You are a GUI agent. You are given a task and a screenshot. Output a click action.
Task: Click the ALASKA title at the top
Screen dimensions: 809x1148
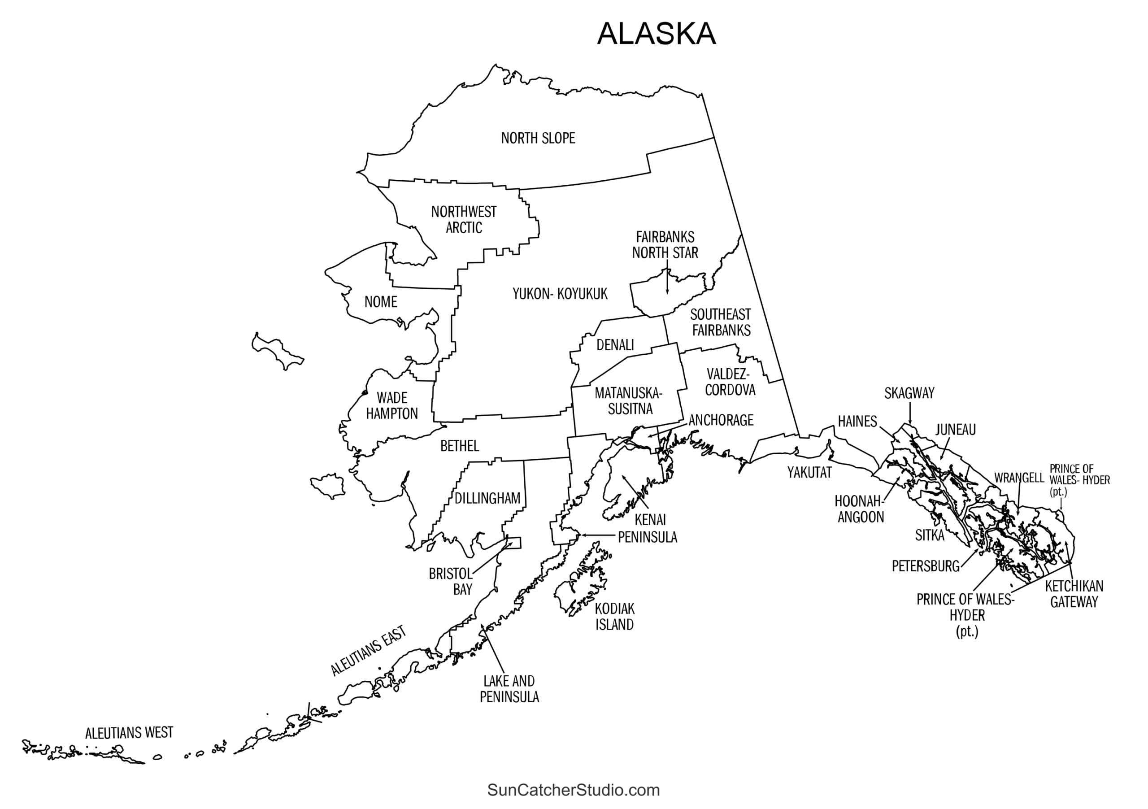tap(656, 34)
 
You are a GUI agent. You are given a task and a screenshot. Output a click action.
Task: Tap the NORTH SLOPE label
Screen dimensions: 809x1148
tap(538, 138)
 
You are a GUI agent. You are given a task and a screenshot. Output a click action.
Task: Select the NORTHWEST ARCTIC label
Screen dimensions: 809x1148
tap(464, 219)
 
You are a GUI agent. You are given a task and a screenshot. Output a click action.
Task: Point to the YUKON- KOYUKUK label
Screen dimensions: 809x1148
tap(560, 294)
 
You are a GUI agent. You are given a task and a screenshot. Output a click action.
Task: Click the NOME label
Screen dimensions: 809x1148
tap(381, 302)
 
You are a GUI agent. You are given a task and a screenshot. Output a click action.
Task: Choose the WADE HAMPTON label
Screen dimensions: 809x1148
tap(391, 405)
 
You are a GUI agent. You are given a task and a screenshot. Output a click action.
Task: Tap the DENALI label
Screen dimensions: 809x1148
tap(615, 345)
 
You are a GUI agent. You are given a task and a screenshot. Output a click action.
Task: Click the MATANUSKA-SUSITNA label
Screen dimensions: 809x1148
tap(629, 401)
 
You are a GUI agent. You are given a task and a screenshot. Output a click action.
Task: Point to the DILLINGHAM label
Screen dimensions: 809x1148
tap(487, 499)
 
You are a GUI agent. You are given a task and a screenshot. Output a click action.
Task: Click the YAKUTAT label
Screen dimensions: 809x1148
tap(809, 473)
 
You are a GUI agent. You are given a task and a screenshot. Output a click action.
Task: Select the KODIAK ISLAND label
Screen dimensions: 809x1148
tap(614, 617)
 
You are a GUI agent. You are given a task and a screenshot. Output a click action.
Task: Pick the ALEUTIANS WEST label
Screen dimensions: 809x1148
tap(129, 734)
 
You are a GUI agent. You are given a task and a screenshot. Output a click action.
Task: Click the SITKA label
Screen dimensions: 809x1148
tap(930, 535)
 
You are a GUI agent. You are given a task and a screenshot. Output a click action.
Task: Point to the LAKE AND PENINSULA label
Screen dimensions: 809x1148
tap(509, 688)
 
